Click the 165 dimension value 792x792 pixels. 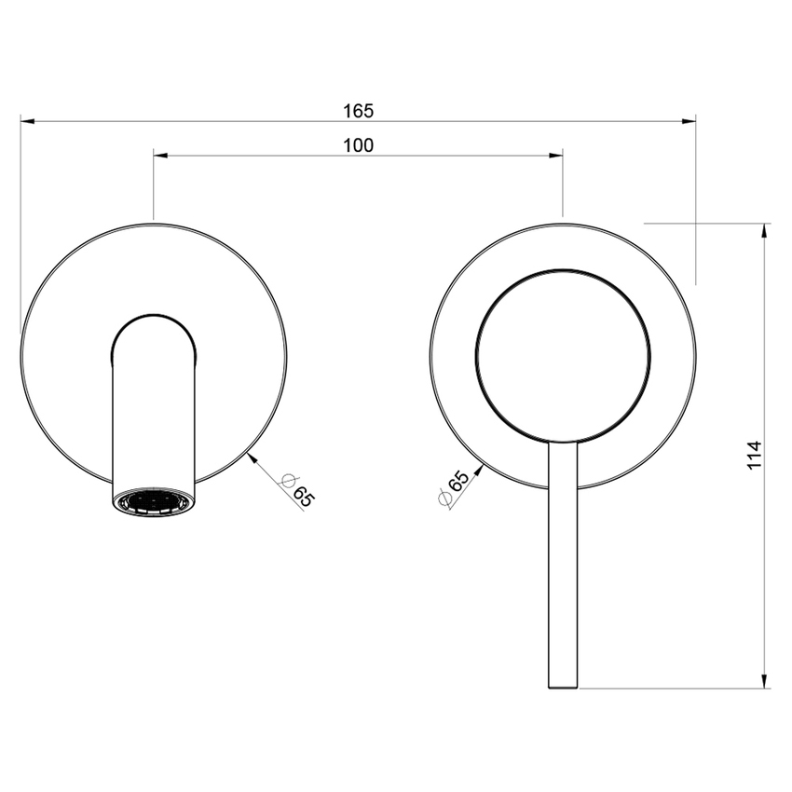[x=358, y=111]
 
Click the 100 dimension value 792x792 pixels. [x=358, y=145]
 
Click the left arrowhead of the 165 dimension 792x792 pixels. [x=26, y=120]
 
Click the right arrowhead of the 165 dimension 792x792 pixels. [x=690, y=120]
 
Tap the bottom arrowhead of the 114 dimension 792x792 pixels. [x=765, y=682]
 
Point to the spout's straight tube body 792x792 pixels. [x=154, y=419]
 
